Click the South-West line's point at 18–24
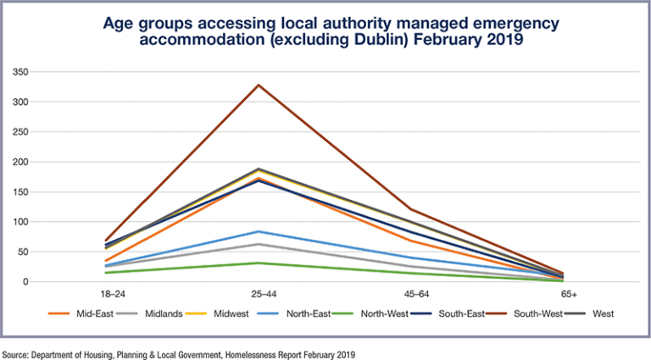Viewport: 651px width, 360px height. click(105, 241)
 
